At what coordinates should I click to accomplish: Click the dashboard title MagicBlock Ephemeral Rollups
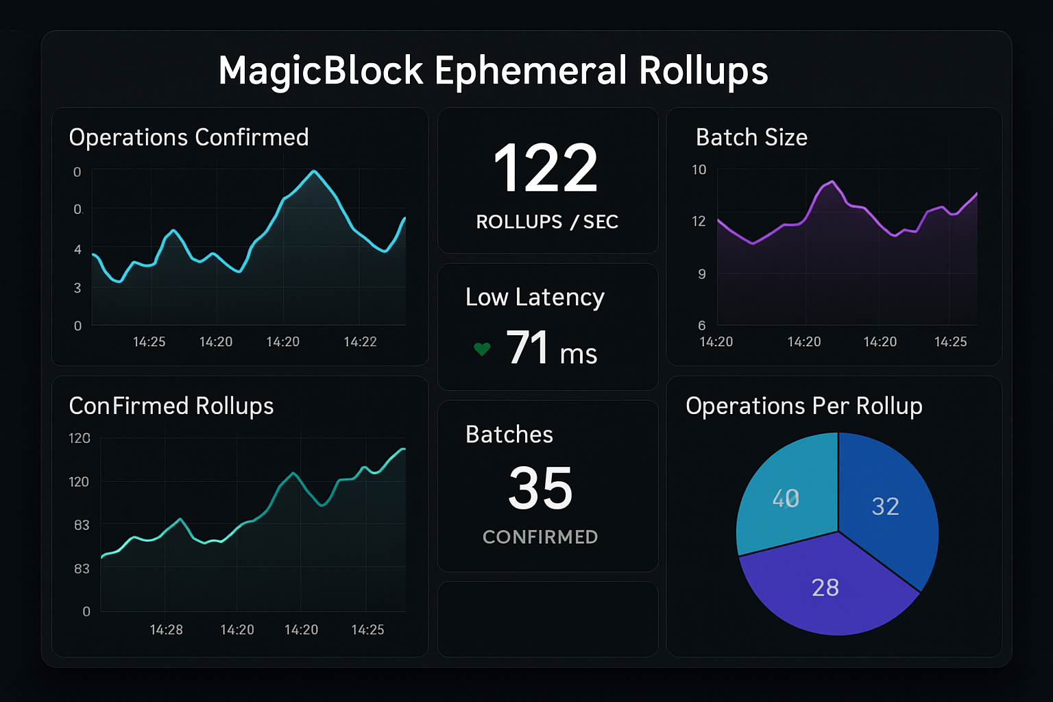(x=493, y=71)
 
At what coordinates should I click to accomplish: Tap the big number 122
(x=546, y=168)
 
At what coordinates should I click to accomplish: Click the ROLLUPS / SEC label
(x=547, y=222)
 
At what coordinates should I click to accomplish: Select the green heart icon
(x=482, y=349)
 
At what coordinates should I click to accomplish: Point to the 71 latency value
(x=528, y=348)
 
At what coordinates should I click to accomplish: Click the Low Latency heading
(x=535, y=298)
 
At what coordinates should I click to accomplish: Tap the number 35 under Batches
(x=540, y=488)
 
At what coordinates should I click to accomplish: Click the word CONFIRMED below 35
(x=540, y=537)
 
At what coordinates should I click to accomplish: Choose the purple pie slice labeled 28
(x=825, y=588)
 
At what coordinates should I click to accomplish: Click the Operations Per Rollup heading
(x=803, y=406)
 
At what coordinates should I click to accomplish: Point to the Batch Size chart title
(x=751, y=138)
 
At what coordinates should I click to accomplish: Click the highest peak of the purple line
(x=832, y=182)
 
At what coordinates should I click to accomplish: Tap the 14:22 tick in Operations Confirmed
(x=360, y=341)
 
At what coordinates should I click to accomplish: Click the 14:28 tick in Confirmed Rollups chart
(x=166, y=629)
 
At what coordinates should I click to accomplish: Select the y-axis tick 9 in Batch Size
(x=701, y=274)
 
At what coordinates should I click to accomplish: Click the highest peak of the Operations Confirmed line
(x=313, y=171)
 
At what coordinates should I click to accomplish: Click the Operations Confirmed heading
(x=189, y=138)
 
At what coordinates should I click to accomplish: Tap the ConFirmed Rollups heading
(x=171, y=406)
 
